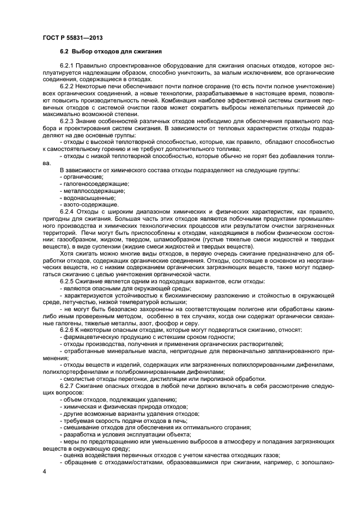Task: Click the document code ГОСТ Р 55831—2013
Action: click(72, 38)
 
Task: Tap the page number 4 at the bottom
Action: click(44, 470)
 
